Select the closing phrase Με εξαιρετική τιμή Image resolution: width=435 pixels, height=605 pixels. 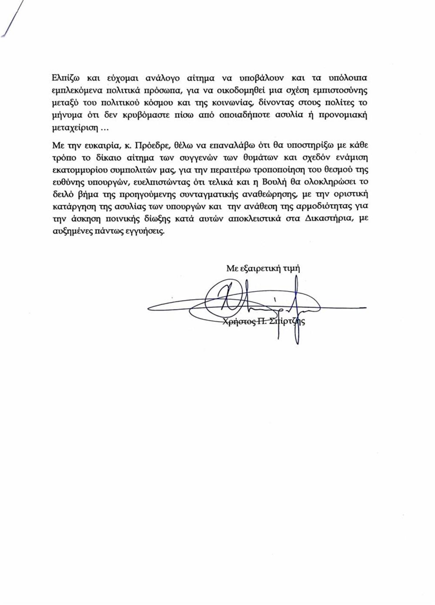coord(263,269)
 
